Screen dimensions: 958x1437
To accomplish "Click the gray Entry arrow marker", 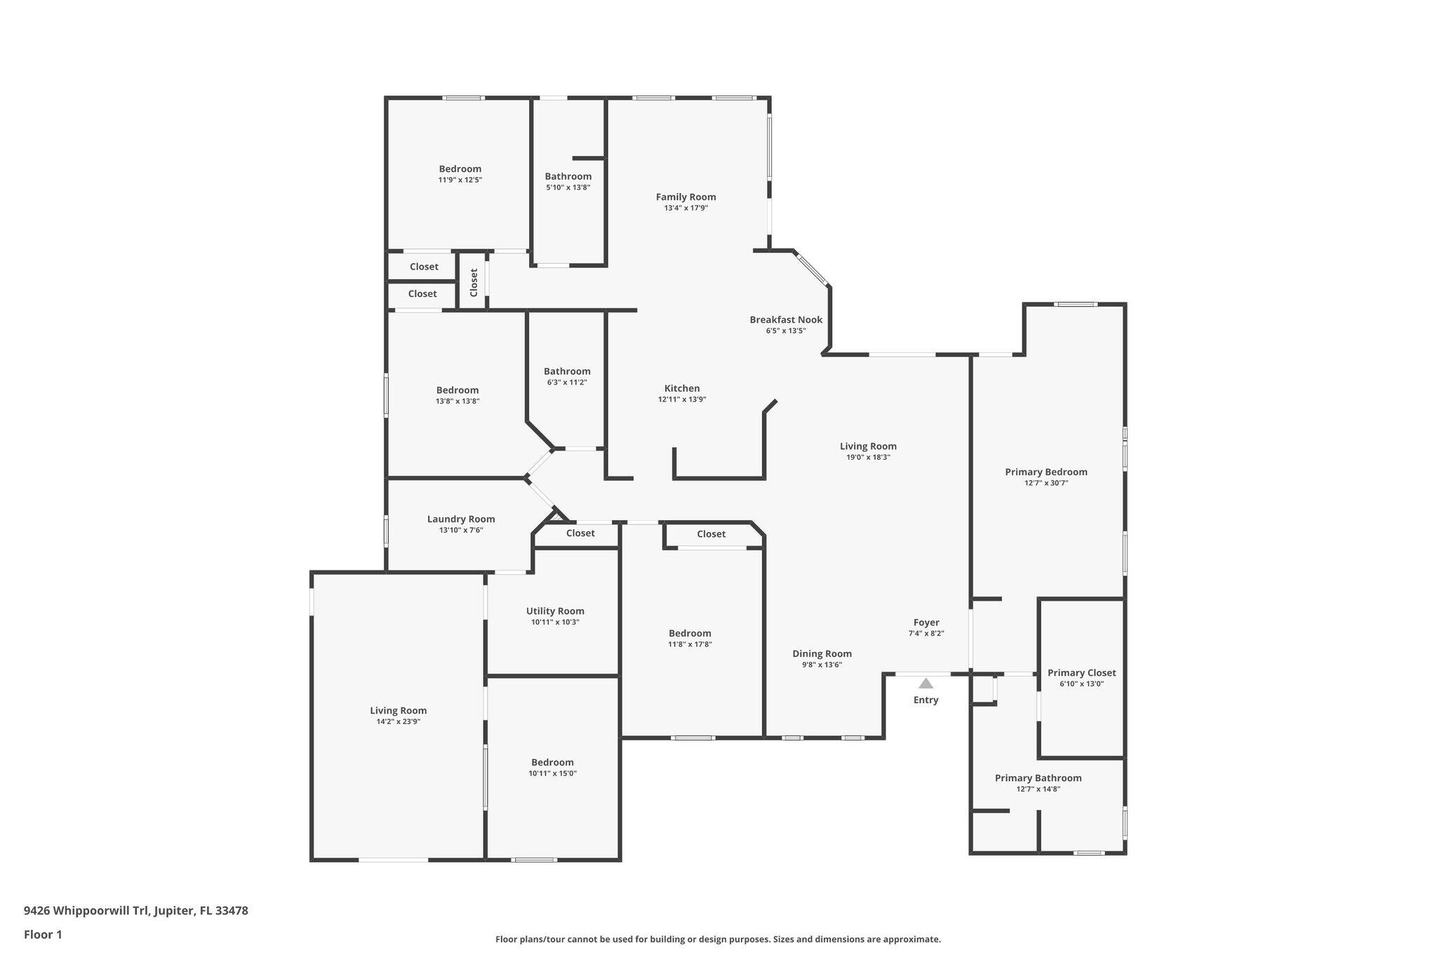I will click(x=926, y=683).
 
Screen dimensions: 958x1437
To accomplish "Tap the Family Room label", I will click(x=686, y=197).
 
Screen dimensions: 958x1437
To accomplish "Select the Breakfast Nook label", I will click(x=786, y=320).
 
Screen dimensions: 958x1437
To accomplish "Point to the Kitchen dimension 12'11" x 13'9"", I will click(x=681, y=399).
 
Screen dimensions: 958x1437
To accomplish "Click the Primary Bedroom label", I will click(x=1045, y=472).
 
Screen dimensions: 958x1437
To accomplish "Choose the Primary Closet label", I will click(x=1081, y=673).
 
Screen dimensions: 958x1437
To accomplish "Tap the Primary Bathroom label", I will click(x=1038, y=778).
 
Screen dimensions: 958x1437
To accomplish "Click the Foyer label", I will click(x=926, y=623).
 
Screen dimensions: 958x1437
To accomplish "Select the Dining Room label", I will click(x=822, y=654).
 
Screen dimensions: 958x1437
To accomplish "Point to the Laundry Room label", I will click(x=461, y=519).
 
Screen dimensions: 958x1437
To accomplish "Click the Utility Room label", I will click(x=555, y=611).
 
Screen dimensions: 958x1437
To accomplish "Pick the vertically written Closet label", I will click(x=474, y=282).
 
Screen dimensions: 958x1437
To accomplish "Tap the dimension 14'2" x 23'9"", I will click(x=398, y=721).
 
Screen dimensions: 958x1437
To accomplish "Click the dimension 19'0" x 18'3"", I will click(x=868, y=458).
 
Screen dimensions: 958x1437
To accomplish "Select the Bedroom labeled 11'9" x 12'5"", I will click(x=460, y=169).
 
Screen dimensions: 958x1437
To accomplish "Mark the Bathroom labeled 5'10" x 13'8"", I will click(x=568, y=177).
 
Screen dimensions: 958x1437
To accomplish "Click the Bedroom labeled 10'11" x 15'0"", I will click(x=552, y=763).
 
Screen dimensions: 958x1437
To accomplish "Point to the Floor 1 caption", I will click(x=43, y=934).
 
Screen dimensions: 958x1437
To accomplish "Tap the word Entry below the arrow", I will click(x=925, y=700).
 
